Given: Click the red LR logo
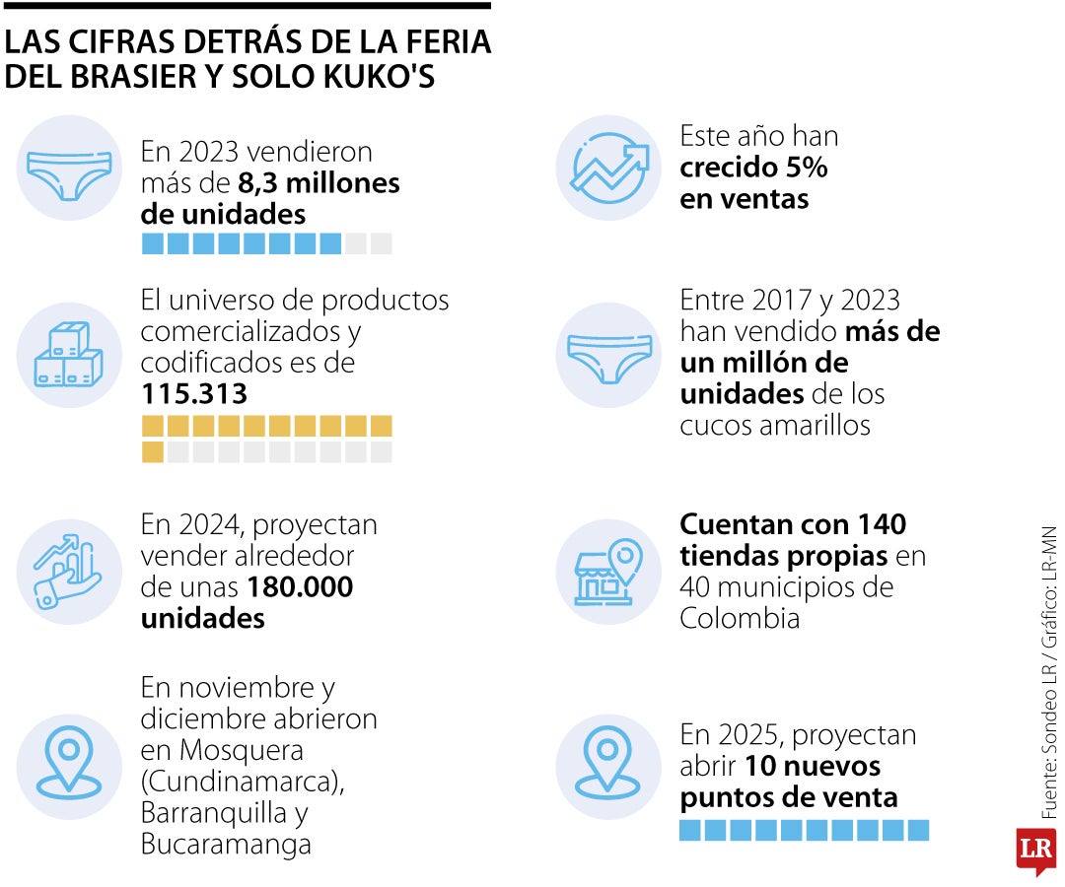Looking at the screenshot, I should [x=1035, y=849].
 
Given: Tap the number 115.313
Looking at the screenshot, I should [x=193, y=394].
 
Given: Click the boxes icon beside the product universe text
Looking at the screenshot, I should [x=68, y=355].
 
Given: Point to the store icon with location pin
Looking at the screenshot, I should [x=607, y=572].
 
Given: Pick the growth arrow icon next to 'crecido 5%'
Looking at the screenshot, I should [x=607, y=168].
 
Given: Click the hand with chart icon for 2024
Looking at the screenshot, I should [x=68, y=572].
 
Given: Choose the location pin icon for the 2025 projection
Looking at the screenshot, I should [x=607, y=767].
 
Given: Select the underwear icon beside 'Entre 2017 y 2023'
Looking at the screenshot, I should [x=607, y=355].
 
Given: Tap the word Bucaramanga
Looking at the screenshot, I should [x=226, y=845].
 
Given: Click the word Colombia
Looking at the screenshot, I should [x=739, y=618].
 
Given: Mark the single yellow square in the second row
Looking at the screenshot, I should [x=153, y=452].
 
